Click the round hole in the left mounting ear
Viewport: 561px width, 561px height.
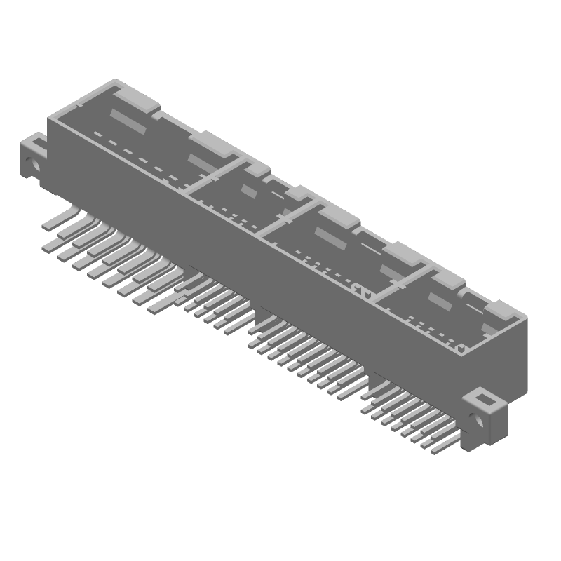pyautogui.click(x=29, y=166)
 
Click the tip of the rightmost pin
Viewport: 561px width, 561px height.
pyautogui.click(x=436, y=453)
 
